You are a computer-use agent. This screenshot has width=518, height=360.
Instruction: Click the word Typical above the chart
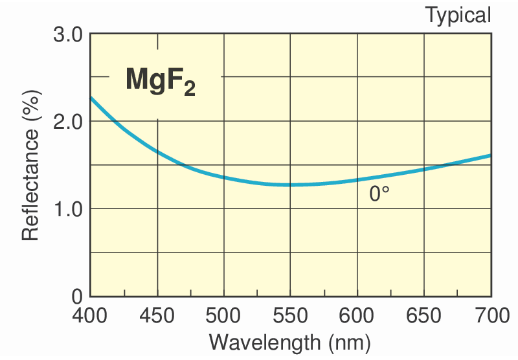point(458,15)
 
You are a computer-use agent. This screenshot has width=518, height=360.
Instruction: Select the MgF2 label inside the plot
point(160,81)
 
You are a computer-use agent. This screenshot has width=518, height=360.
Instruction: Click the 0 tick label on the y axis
point(77,296)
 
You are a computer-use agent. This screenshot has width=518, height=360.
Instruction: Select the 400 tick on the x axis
point(90,317)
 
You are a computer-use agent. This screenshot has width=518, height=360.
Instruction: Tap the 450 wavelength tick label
point(157,317)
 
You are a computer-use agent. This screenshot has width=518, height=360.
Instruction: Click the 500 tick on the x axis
point(223,317)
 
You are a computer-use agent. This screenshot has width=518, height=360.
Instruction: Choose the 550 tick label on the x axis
point(290,317)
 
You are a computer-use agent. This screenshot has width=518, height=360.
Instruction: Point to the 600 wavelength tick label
point(357,317)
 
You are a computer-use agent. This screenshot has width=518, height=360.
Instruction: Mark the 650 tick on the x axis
point(424,317)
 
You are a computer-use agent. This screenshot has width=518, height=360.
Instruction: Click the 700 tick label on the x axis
point(490,317)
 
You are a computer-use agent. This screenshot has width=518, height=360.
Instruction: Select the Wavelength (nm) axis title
point(290,342)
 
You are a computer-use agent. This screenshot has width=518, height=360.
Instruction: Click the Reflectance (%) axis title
point(30,165)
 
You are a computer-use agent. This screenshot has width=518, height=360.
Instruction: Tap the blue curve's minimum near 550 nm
point(290,185)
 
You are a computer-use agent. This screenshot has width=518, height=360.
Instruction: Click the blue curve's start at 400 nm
point(91,97)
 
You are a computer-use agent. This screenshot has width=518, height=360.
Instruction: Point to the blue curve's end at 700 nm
point(490,155)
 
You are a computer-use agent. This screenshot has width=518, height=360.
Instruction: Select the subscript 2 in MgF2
point(188,89)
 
